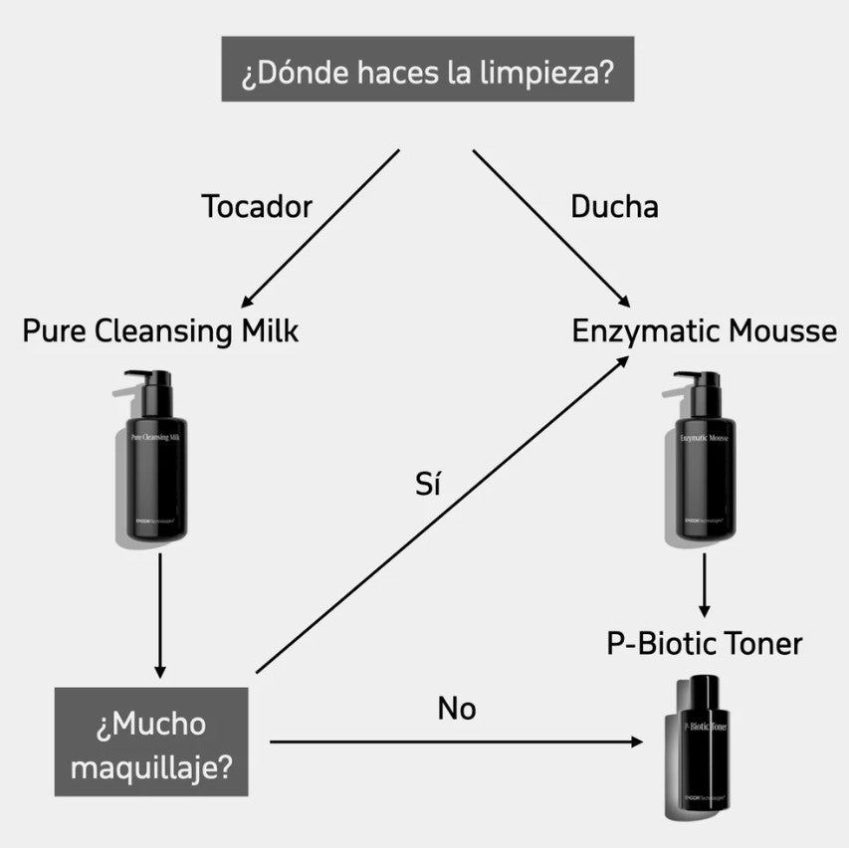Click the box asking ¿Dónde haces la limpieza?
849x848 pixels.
click(x=427, y=69)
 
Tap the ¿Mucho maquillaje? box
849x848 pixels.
click(x=151, y=742)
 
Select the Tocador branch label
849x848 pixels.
click(x=257, y=206)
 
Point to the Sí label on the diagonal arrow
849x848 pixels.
click(x=427, y=485)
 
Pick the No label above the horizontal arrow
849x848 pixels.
click(x=457, y=709)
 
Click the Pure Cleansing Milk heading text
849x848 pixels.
click(x=160, y=331)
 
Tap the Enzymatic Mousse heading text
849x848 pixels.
click(x=704, y=331)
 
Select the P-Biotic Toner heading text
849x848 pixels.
click(x=704, y=643)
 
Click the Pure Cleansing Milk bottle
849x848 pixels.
click(x=156, y=458)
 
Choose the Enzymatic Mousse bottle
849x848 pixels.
click(x=704, y=458)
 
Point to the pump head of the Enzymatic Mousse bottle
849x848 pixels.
click(x=694, y=379)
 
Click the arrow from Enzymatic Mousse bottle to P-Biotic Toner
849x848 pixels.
click(x=705, y=584)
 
